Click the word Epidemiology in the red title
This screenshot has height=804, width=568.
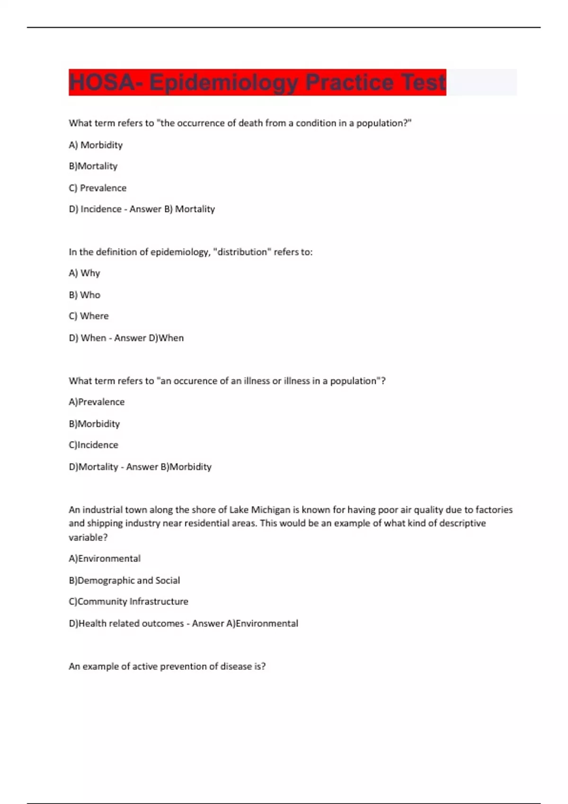[224, 83]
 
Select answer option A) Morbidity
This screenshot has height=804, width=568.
[96, 145]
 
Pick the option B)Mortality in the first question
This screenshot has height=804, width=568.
[93, 166]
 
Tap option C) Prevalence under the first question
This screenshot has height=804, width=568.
[98, 188]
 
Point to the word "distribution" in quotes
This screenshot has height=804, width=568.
[242, 252]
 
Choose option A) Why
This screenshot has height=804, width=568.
[84, 273]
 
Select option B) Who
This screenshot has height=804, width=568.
[84, 295]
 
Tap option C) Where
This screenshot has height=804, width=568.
[89, 316]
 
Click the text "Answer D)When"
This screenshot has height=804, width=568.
[149, 338]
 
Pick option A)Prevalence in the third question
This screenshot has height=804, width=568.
[97, 402]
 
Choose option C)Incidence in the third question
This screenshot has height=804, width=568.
[93, 445]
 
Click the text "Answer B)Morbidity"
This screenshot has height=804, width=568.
[169, 467]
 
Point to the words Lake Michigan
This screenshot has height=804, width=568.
[260, 510]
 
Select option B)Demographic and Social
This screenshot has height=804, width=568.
[124, 580]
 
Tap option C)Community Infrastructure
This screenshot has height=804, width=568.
[128, 602]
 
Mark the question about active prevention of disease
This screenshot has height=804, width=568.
[167, 666]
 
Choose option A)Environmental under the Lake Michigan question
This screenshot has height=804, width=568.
[105, 559]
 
